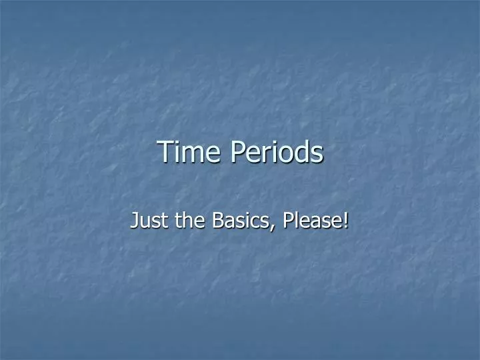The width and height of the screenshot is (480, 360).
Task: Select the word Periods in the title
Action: [277, 152]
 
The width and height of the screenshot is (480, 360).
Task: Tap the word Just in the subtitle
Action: [149, 219]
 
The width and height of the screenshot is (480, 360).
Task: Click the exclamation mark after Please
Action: [346, 219]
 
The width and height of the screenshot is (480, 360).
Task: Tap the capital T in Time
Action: [164, 152]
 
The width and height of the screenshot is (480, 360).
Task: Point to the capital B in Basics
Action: [217, 219]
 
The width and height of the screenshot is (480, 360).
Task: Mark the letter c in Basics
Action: [257, 221]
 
